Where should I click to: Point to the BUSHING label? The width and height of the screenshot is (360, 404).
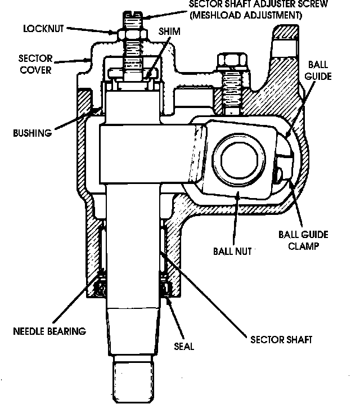point(32,133)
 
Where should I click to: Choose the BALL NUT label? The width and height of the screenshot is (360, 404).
point(232,251)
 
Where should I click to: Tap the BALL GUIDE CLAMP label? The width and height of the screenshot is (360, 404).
point(303,240)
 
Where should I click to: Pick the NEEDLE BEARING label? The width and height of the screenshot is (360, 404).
point(49,330)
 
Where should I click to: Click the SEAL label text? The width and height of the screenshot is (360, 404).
point(184,346)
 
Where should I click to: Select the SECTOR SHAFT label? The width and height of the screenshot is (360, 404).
point(281,339)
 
